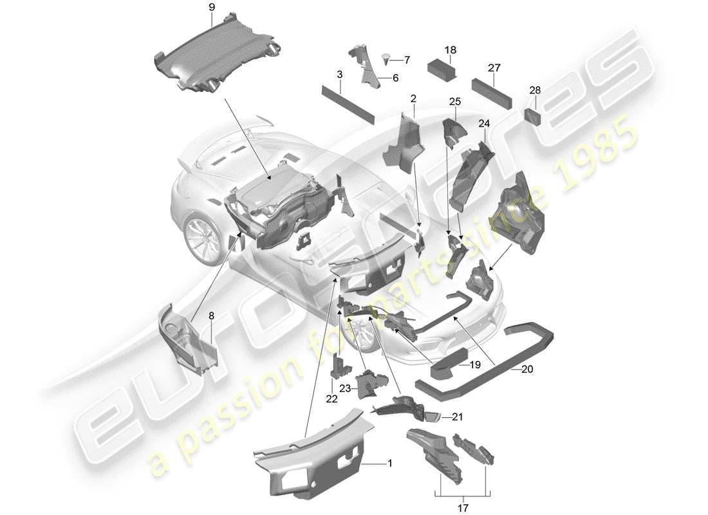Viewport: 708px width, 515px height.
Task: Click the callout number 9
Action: pyautogui.click(x=212, y=8)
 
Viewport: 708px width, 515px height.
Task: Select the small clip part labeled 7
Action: pyautogui.click(x=386, y=59)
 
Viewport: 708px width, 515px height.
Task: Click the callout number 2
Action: pyautogui.click(x=413, y=99)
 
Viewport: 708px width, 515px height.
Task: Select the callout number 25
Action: pyautogui.click(x=455, y=102)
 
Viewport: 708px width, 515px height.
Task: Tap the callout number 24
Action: pyautogui.click(x=484, y=122)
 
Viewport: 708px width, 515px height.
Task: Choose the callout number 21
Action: pyautogui.click(x=458, y=417)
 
